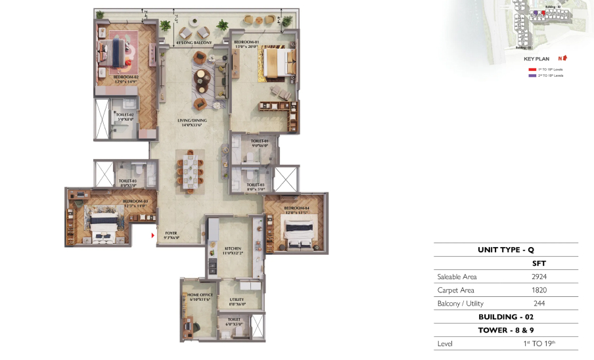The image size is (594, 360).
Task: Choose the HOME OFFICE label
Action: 198,296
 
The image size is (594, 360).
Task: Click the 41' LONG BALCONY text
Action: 194,43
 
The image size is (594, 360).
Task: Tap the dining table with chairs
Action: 190,170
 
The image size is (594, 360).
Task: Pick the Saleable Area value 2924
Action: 539,277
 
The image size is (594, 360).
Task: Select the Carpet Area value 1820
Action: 539,290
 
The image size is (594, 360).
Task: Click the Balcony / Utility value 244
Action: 539,303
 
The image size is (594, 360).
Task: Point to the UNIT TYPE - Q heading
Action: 505,250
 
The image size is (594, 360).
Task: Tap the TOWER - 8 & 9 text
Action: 505,330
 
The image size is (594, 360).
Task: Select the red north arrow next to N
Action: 564,58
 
